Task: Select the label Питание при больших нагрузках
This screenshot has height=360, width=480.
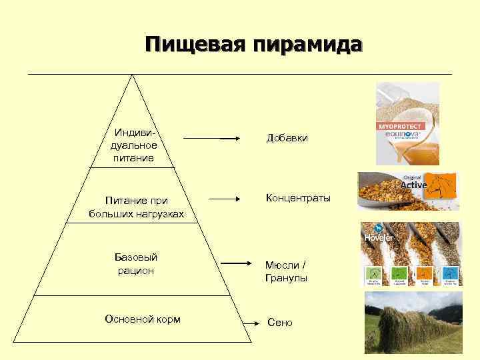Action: point(136,207)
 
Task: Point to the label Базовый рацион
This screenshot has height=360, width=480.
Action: point(135,264)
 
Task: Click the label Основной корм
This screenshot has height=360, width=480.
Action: point(143,319)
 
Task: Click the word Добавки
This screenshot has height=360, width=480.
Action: point(287,138)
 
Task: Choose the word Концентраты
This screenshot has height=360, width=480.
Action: point(297,198)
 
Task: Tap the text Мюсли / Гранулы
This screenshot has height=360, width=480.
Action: point(287,272)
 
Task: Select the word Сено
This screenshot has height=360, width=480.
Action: point(280,323)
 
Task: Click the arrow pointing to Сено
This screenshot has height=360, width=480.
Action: point(256,324)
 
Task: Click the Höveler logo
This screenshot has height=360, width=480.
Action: point(379,237)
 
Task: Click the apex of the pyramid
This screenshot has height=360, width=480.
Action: point(133,75)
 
